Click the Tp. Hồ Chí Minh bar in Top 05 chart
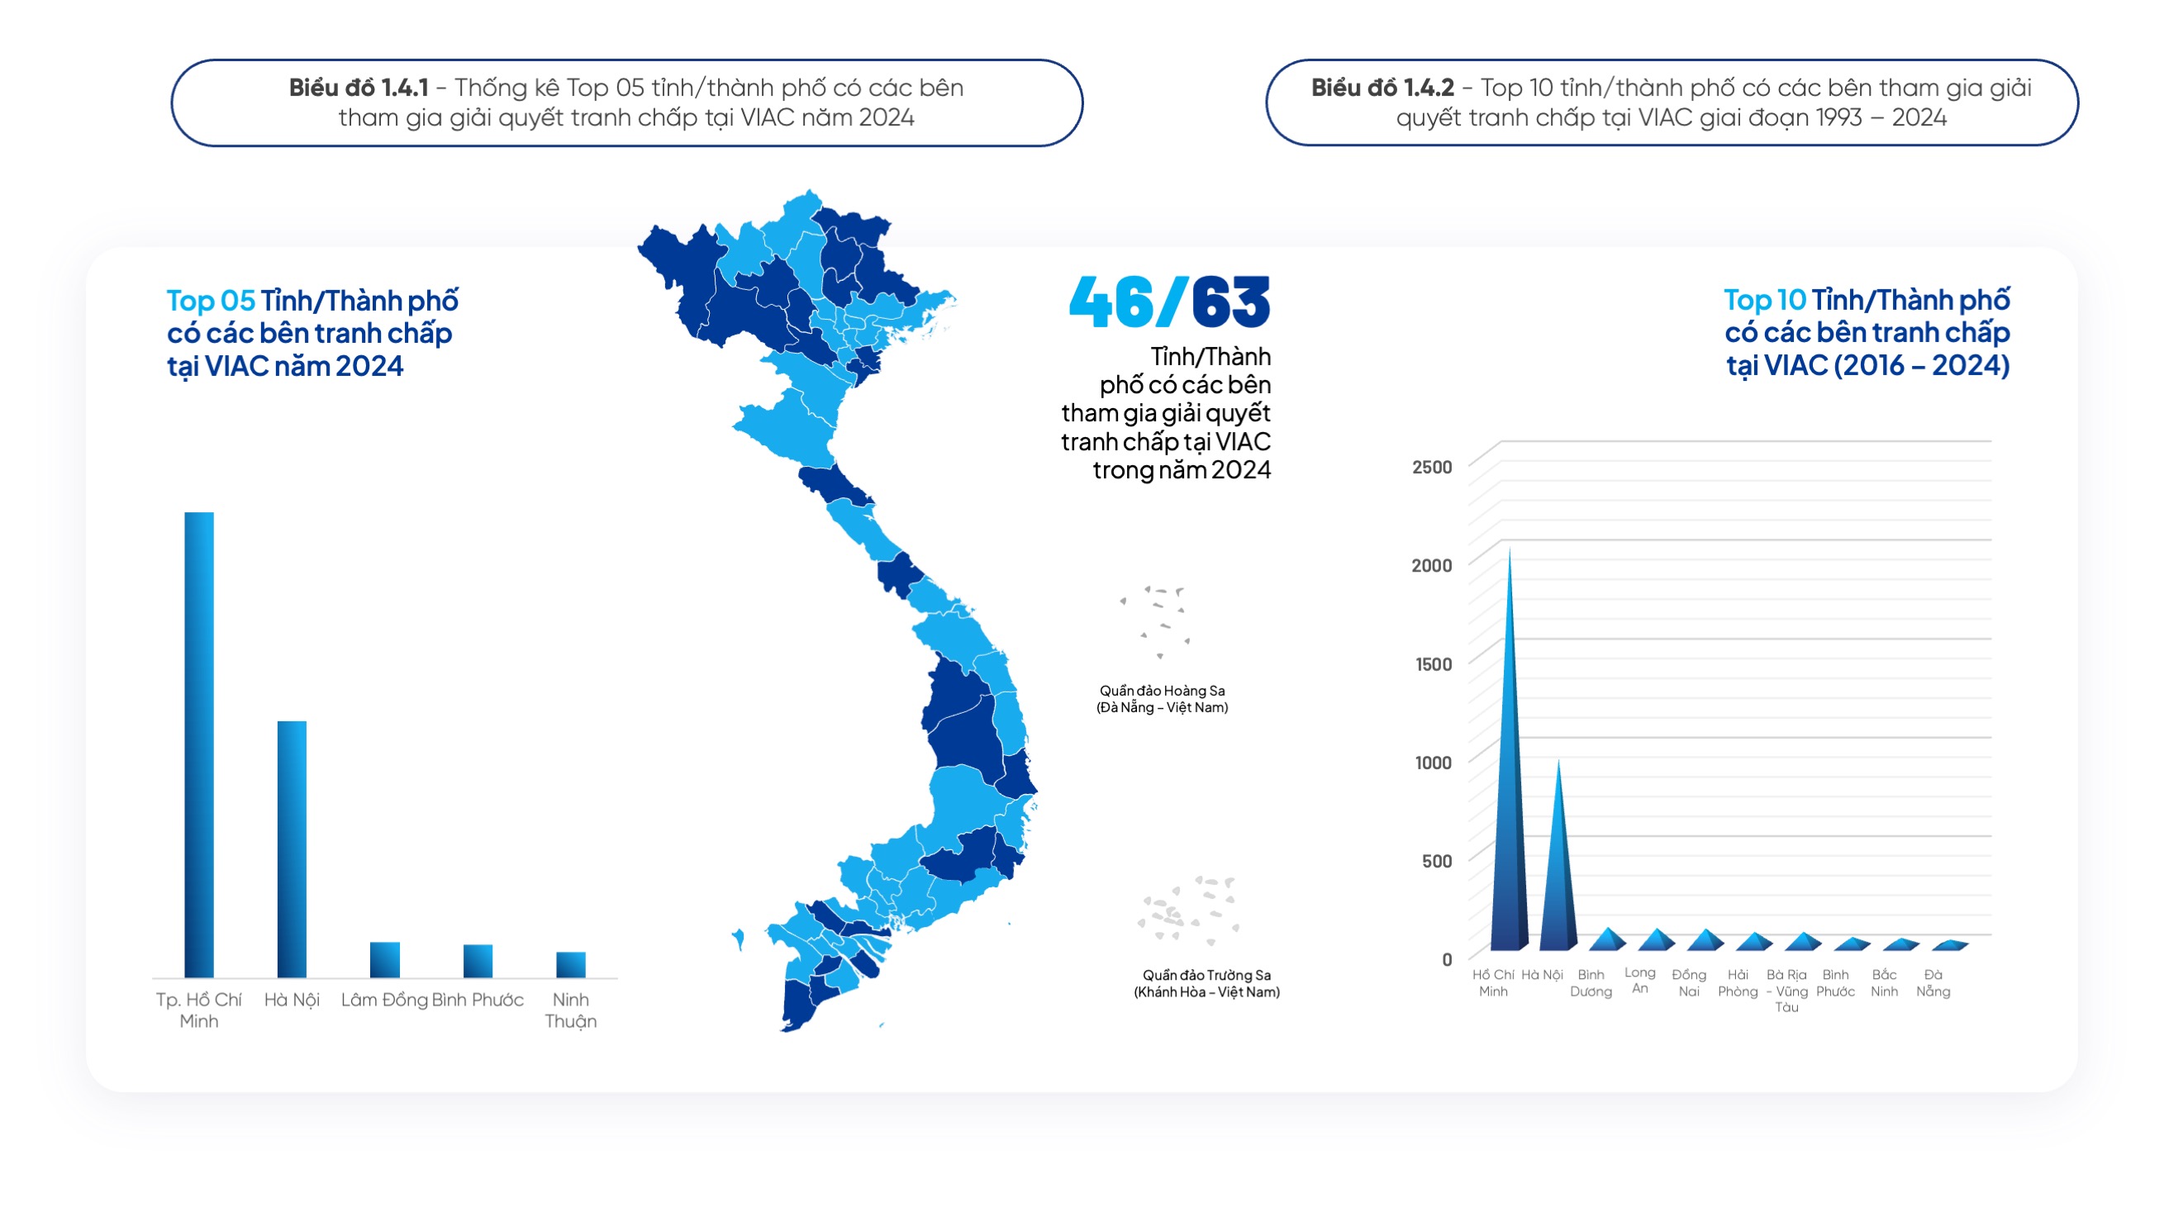point(199,745)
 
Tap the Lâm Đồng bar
point(385,959)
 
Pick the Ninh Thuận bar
point(570,964)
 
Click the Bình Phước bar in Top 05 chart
point(478,961)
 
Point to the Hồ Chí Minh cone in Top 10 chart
point(1509,798)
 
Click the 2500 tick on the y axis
point(1431,467)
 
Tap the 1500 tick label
point(1432,664)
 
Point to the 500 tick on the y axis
point(1436,861)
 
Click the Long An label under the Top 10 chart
point(1639,980)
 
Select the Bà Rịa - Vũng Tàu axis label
point(1786,991)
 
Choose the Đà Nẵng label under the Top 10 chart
point(1932,982)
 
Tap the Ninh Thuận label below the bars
point(570,1010)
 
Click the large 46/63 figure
point(1169,302)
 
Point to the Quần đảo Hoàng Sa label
point(1162,699)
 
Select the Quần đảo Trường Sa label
point(1206,982)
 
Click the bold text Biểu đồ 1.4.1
point(359,88)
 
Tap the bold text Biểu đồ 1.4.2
point(1382,88)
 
